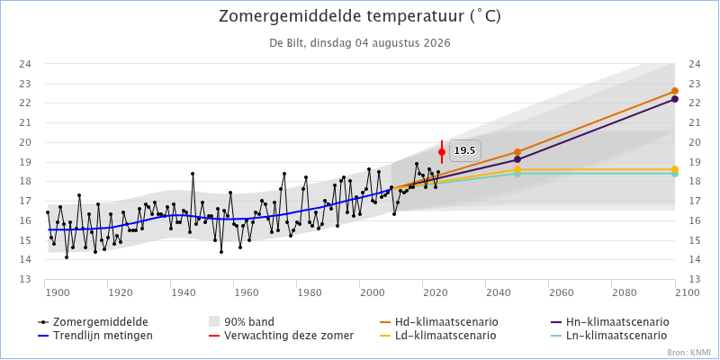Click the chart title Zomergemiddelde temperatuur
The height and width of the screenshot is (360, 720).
[x=359, y=16]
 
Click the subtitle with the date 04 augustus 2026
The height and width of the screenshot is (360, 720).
[x=359, y=43]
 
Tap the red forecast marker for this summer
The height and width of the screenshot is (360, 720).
[x=442, y=152]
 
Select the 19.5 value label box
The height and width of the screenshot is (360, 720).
[x=464, y=150]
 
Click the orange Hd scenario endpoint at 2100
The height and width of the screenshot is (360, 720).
[x=674, y=91]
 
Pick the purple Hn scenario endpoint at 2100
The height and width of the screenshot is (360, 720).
[x=674, y=99]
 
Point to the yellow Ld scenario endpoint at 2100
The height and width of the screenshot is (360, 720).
[x=674, y=169]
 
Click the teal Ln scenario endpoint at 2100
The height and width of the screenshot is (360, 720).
[x=674, y=174]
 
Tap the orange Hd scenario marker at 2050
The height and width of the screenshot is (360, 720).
[x=517, y=152]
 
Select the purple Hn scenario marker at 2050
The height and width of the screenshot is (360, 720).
[x=517, y=159]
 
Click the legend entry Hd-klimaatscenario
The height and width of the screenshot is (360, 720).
[x=440, y=321]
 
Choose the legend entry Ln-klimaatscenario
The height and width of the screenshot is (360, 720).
[x=608, y=335]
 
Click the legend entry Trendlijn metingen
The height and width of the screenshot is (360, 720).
[x=95, y=335]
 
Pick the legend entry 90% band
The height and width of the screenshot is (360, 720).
[x=241, y=321]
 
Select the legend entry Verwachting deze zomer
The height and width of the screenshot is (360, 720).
[x=281, y=335]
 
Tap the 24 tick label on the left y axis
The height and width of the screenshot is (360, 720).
[x=25, y=64]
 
